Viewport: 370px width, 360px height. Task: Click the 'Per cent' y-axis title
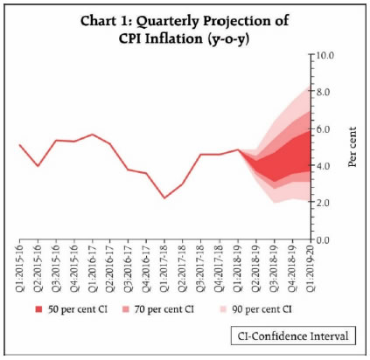pyautogui.click(x=353, y=147)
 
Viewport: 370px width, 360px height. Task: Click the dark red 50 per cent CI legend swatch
pyautogui.click(x=39, y=309)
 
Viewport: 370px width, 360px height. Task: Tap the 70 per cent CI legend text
pyautogui.click(x=164, y=309)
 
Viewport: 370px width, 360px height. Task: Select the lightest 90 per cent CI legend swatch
pyautogui.click(x=223, y=309)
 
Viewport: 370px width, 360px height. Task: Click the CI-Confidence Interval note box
pyautogui.click(x=293, y=336)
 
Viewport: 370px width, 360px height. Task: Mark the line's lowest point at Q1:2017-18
pyautogui.click(x=164, y=198)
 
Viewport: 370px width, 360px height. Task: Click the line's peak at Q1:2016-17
pyautogui.click(x=93, y=135)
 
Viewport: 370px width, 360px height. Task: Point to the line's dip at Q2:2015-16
pyautogui.click(x=38, y=166)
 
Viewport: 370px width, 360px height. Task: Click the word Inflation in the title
pyautogui.click(x=174, y=39)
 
